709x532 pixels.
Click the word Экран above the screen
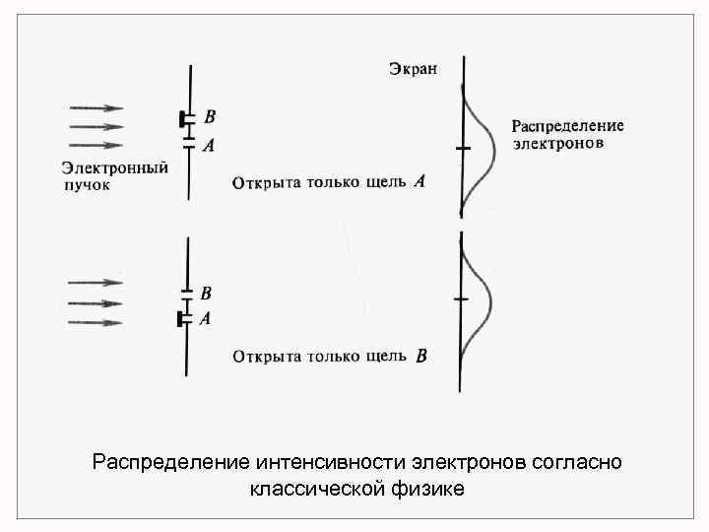point(414,69)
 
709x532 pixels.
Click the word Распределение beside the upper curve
point(567,126)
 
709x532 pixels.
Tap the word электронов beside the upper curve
point(558,143)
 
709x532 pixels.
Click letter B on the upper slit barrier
point(210,116)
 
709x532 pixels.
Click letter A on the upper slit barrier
point(209,145)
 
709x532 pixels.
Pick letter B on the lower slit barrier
point(206,293)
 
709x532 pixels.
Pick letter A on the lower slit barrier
point(206,318)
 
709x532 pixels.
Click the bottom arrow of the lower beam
point(95,322)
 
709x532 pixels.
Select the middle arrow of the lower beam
point(95,302)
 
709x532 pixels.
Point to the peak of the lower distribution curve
point(490,298)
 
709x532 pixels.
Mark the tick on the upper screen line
point(462,148)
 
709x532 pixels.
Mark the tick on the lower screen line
point(459,298)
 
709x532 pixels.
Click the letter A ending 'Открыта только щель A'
point(420,181)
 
